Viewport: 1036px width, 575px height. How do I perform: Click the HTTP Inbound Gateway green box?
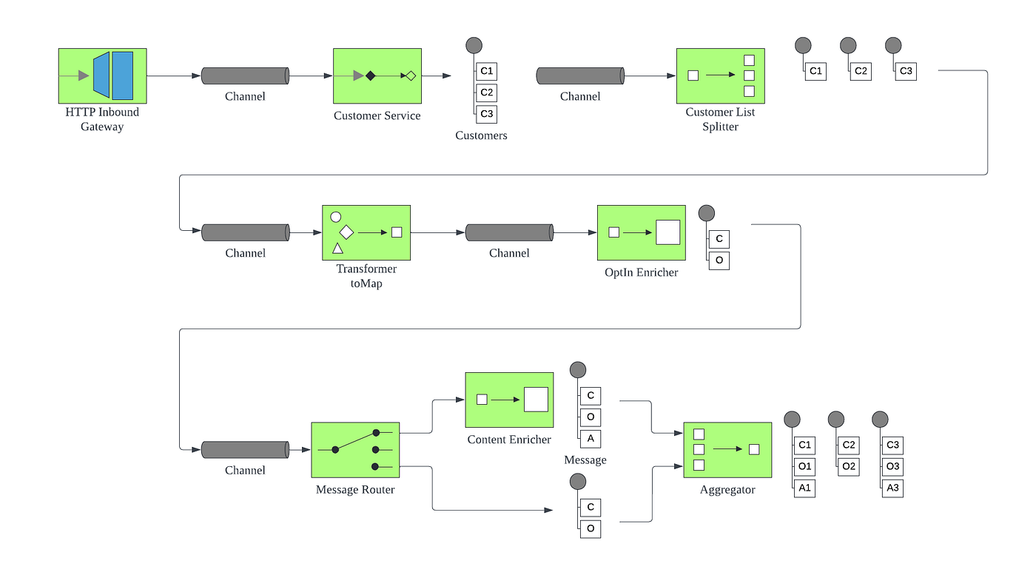point(102,76)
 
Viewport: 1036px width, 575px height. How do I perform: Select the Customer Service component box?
point(377,76)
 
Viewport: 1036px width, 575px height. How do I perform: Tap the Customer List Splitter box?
point(720,76)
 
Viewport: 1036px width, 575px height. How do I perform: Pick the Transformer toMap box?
point(366,232)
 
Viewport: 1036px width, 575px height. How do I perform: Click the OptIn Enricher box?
point(641,232)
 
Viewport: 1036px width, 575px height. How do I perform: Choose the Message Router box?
point(355,450)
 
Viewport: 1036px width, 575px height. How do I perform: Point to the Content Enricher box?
point(509,400)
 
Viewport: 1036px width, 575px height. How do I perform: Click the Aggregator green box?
point(727,450)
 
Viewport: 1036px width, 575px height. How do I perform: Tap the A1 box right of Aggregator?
point(804,488)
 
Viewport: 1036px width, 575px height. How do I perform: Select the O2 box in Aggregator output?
point(848,466)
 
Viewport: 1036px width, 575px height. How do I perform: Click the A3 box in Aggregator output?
point(892,488)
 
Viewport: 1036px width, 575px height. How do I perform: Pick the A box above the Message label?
point(591,439)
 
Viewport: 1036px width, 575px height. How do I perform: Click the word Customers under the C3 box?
point(481,135)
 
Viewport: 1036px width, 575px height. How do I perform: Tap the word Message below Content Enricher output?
point(585,460)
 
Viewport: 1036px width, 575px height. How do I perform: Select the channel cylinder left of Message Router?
point(245,450)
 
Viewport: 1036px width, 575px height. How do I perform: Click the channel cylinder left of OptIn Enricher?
point(509,232)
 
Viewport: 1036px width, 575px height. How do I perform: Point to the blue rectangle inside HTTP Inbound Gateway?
point(123,75)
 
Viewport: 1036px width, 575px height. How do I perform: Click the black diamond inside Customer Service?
point(370,75)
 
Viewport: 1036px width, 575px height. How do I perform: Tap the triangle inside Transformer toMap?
point(337,249)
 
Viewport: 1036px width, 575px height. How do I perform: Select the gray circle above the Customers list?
point(474,45)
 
